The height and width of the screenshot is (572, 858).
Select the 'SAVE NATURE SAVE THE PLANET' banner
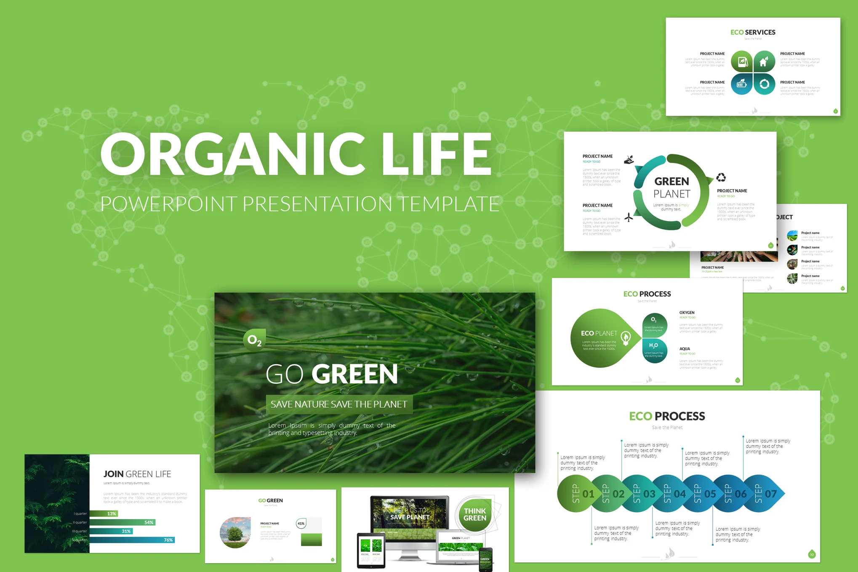(339, 404)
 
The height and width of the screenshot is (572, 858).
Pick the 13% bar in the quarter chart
(104, 513)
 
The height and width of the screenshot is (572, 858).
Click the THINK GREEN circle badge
(475, 514)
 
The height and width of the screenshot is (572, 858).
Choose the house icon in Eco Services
(764, 62)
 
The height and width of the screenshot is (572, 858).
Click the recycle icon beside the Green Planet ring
(721, 177)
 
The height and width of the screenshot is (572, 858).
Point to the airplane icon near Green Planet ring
(629, 217)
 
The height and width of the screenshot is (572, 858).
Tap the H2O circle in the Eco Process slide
(654, 350)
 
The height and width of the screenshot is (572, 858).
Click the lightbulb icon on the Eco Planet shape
(626, 337)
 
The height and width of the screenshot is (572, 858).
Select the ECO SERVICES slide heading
(753, 32)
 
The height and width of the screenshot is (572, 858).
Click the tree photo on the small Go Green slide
(235, 532)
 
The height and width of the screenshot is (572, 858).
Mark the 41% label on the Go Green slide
(301, 524)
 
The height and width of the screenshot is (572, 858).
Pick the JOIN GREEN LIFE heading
(137, 474)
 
